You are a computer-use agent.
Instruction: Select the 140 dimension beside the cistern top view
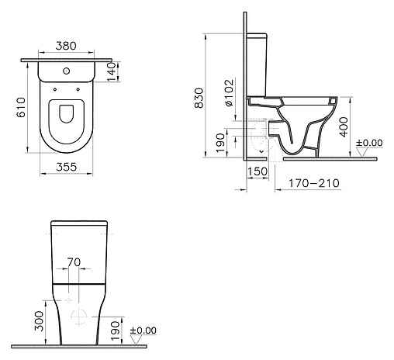110,71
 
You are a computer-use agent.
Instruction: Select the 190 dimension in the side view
220,140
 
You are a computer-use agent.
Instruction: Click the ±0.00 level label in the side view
369,143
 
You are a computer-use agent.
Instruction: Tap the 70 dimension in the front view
74,263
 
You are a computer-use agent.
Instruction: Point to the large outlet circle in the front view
78,315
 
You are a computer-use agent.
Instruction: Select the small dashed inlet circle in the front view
67,299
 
